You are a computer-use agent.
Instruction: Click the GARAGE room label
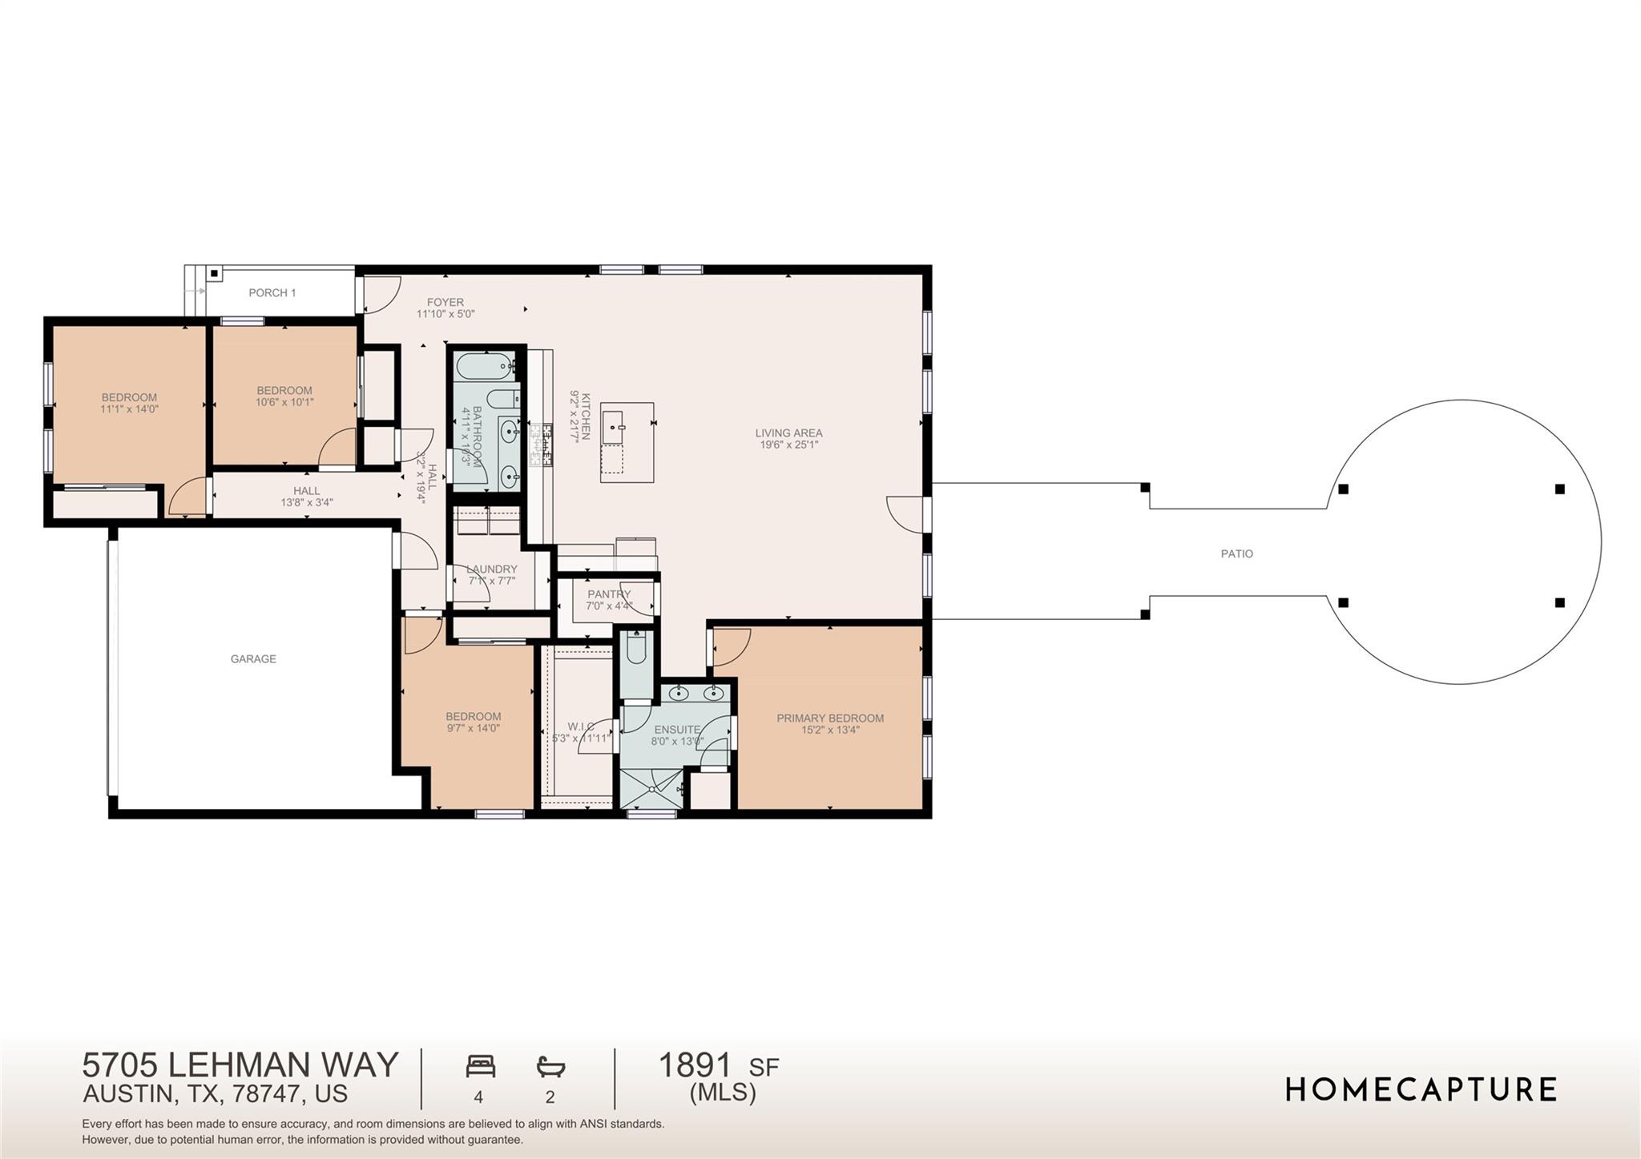(253, 659)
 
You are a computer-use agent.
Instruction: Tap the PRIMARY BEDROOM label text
(829, 718)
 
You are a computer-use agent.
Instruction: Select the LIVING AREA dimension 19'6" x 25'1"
(788, 445)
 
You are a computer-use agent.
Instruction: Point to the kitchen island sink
(615, 422)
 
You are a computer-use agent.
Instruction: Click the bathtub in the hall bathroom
(485, 366)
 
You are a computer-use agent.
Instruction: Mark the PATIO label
(1236, 553)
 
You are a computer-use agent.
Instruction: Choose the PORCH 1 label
(272, 293)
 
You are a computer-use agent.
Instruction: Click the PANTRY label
(608, 594)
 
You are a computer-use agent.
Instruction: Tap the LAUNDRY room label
(491, 569)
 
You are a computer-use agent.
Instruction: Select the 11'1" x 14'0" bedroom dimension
(129, 408)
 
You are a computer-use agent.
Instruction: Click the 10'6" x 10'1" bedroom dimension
(284, 402)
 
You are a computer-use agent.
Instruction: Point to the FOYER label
(445, 302)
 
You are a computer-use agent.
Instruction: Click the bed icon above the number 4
(480, 1067)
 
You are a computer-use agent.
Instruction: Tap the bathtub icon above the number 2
(550, 1067)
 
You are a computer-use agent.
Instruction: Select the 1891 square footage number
(695, 1065)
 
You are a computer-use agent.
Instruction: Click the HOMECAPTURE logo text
(1421, 1089)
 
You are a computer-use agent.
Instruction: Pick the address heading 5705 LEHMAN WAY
(240, 1065)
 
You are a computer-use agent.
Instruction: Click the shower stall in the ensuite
(650, 789)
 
